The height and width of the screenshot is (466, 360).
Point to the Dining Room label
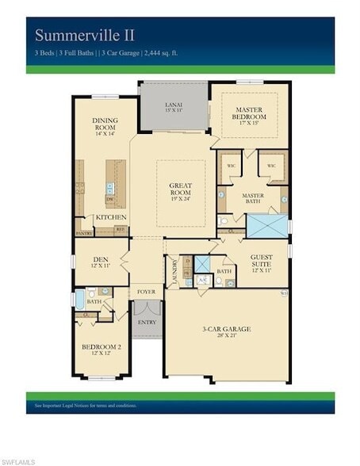tap(105, 124)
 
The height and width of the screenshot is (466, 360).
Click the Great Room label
tap(181, 191)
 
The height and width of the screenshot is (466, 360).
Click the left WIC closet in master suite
tap(231, 166)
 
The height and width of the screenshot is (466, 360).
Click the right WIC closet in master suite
tap(271, 166)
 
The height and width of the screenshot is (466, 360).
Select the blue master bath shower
tap(267, 224)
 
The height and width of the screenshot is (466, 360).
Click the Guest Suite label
tap(261, 261)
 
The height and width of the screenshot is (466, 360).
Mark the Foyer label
tap(146, 292)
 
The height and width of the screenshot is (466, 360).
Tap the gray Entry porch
tap(146, 323)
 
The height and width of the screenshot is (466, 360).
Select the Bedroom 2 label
tap(101, 349)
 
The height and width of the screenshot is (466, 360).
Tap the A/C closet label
tap(201, 280)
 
